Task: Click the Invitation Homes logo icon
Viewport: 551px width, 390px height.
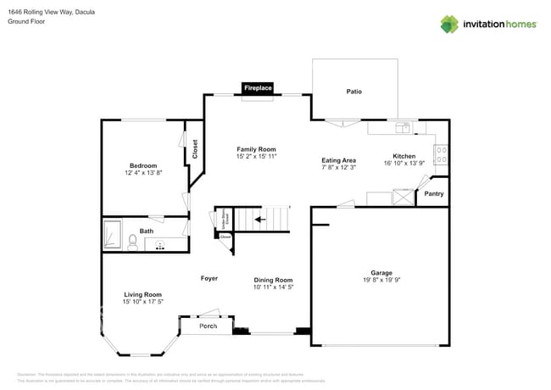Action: [x=449, y=24]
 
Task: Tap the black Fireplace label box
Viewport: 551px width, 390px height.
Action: [x=258, y=88]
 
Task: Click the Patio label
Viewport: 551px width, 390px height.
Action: [x=353, y=92]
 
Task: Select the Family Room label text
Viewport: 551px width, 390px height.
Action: [x=257, y=149]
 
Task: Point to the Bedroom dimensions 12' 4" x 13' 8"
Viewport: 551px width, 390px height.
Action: [x=142, y=172]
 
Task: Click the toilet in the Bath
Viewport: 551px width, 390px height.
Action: [x=132, y=242]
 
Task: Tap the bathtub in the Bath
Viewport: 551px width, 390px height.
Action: [x=112, y=234]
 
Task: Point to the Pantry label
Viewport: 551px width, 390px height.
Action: [x=433, y=194]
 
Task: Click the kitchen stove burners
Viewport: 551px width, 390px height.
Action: [x=441, y=155]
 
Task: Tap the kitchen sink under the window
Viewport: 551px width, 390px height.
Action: [x=402, y=127]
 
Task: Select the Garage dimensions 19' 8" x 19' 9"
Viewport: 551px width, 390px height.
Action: [x=381, y=280]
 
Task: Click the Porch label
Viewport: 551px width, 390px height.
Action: [x=208, y=326]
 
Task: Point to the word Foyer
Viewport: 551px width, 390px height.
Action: [x=209, y=278]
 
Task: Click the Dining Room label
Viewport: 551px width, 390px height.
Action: [x=273, y=280]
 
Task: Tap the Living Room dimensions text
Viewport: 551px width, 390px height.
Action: [x=142, y=301]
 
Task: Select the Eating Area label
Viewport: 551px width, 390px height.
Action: [x=338, y=160]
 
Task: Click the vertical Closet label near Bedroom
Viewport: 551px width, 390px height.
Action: [x=194, y=150]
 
